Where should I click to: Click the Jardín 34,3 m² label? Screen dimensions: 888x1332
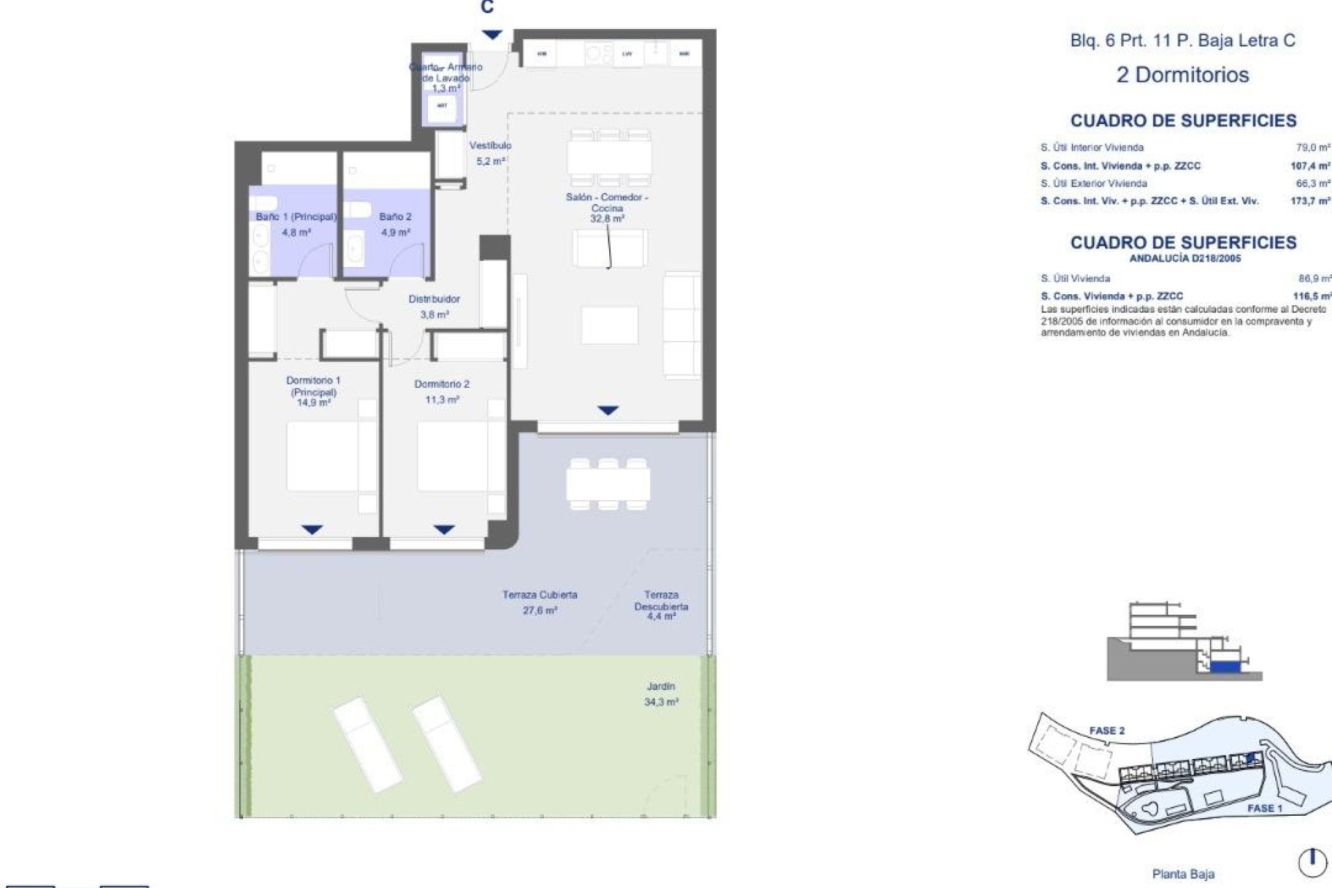tap(660, 694)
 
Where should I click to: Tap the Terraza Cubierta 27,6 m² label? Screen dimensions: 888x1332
tap(540, 602)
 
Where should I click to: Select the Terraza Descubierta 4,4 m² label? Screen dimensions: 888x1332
tap(661, 605)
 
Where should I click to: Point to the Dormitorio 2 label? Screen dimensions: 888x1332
tap(442, 391)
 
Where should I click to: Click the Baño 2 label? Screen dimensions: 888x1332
tap(395, 224)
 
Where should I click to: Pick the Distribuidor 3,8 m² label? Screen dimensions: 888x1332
tap(434, 306)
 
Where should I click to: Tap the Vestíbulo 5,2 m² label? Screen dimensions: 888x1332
tap(490, 153)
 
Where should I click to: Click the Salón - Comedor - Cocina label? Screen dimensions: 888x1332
tap(607, 207)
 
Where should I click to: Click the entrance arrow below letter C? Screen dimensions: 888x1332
tap(492, 35)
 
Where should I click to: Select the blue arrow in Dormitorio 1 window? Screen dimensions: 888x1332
tap(312, 530)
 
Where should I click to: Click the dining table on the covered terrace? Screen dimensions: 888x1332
tap(608, 484)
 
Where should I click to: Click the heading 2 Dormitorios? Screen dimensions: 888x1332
tap(1182, 75)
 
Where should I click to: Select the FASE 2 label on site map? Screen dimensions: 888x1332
tap(1107, 731)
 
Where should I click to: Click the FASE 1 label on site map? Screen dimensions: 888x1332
tap(1265, 808)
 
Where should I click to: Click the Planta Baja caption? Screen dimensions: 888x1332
tap(1183, 874)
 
